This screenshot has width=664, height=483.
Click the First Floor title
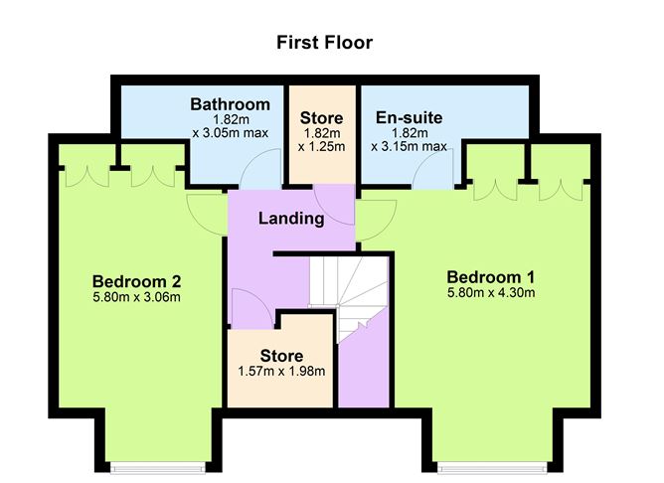tap(324, 43)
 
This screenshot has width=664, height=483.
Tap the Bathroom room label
tap(231, 104)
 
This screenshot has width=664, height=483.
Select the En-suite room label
tap(410, 118)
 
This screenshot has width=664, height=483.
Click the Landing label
tap(291, 219)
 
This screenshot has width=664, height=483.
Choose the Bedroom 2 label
tap(136, 279)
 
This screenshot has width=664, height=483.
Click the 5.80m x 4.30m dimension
tap(491, 293)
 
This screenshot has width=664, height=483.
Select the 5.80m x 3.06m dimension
tap(136, 296)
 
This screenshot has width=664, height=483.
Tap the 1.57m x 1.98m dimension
tap(281, 372)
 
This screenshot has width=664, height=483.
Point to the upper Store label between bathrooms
tap(321, 118)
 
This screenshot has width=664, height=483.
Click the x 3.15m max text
tap(410, 147)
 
